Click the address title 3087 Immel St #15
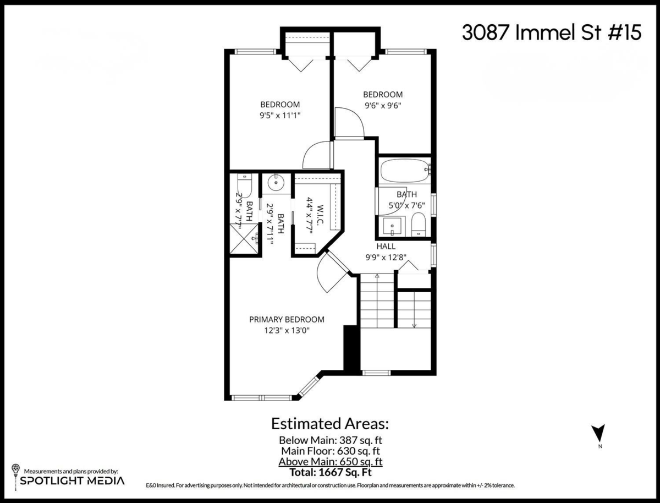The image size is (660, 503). pos(551,33)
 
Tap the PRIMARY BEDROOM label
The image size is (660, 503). pos(287,319)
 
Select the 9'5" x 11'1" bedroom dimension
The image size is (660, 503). pos(280,116)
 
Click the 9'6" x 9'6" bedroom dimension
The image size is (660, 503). pos(382,106)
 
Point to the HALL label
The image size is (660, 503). pos(386,247)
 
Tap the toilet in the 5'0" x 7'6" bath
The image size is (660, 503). pos(419,225)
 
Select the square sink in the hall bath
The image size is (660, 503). pos(393,226)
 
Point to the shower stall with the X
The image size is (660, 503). pos(245,240)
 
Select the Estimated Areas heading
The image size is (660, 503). pos(330,424)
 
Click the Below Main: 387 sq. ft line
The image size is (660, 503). pos(330,440)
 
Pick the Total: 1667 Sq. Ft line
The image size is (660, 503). pos(330,472)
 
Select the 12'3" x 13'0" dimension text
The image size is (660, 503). pos(287,331)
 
